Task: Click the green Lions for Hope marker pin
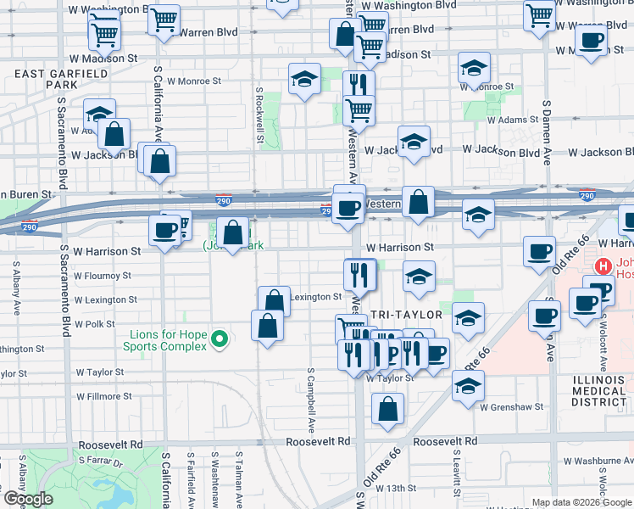(220, 339)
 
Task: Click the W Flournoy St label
(107, 275)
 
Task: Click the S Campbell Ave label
(311, 398)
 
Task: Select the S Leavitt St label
(456, 472)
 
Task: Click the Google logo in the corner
(28, 499)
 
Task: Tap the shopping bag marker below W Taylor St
(388, 411)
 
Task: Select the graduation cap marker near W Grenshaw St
(468, 385)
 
